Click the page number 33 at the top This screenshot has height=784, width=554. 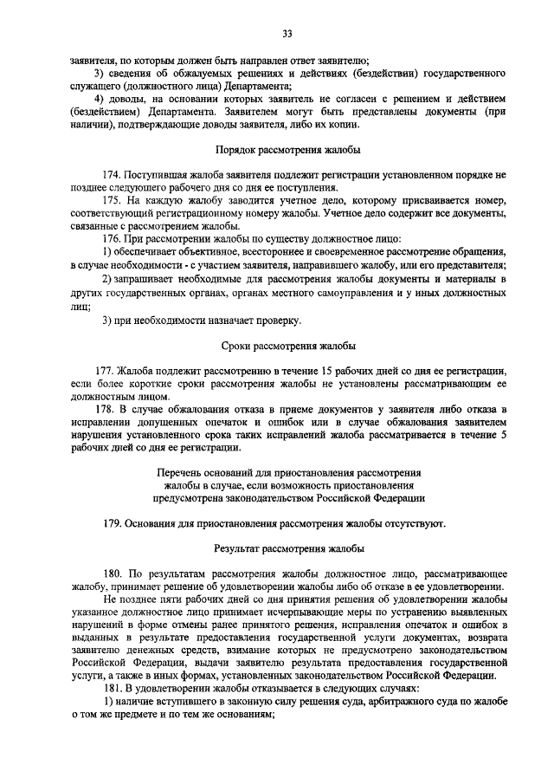pos(288,34)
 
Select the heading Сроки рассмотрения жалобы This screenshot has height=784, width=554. pos(289,344)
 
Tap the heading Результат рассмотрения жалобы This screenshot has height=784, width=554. pos(289,548)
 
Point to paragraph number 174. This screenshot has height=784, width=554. pos(114,174)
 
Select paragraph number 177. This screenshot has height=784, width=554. pos(114,370)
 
